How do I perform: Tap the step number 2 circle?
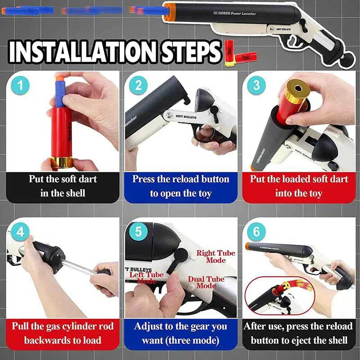point(138,85)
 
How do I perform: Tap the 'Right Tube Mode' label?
point(216,256)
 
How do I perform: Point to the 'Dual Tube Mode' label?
point(206,283)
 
